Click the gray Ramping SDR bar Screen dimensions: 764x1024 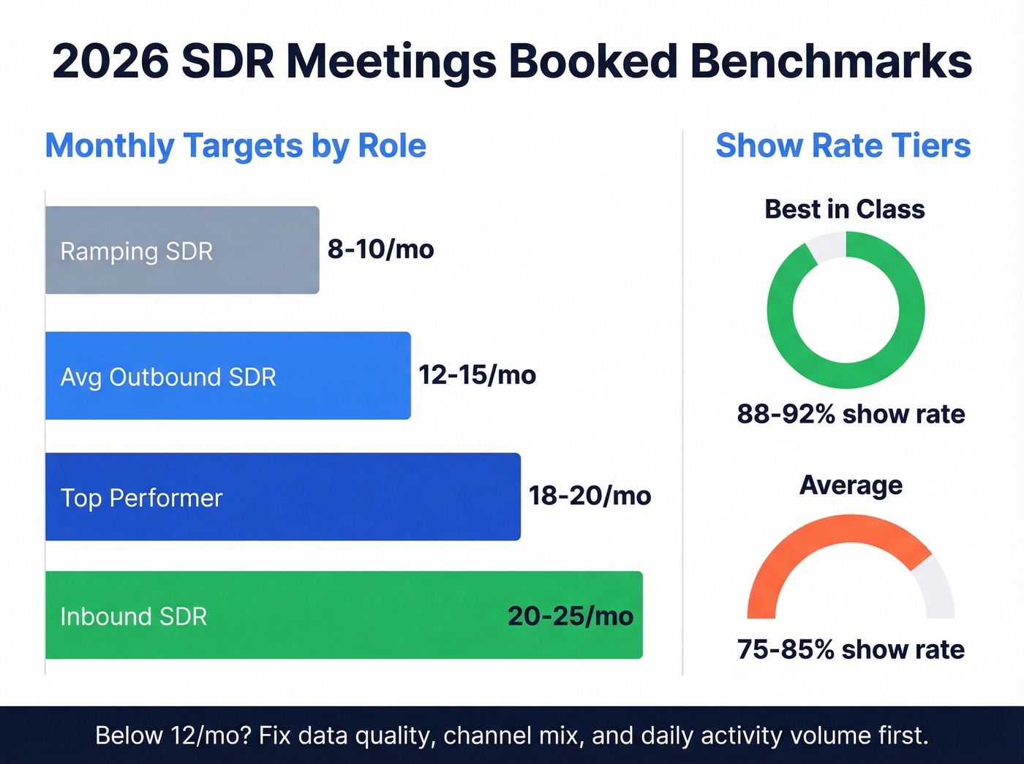tap(182, 250)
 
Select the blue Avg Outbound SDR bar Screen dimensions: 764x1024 tap(227, 376)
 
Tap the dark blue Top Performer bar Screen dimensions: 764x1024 tap(282, 496)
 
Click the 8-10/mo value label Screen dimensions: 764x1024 tap(380, 249)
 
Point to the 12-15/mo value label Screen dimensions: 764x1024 tap(477, 375)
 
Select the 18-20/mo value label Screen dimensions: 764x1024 tap(590, 496)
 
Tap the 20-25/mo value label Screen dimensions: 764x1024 tap(571, 616)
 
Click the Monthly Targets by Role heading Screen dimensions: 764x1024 tap(236, 145)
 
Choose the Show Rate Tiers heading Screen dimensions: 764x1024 tap(843, 145)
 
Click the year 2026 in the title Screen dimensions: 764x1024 tap(110, 61)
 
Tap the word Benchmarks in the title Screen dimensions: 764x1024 tap(831, 61)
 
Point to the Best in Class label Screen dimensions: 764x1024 tap(845, 210)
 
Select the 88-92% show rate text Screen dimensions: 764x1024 tap(851, 414)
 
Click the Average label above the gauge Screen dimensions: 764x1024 tap(851, 485)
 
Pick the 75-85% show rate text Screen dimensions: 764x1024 tap(851, 649)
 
